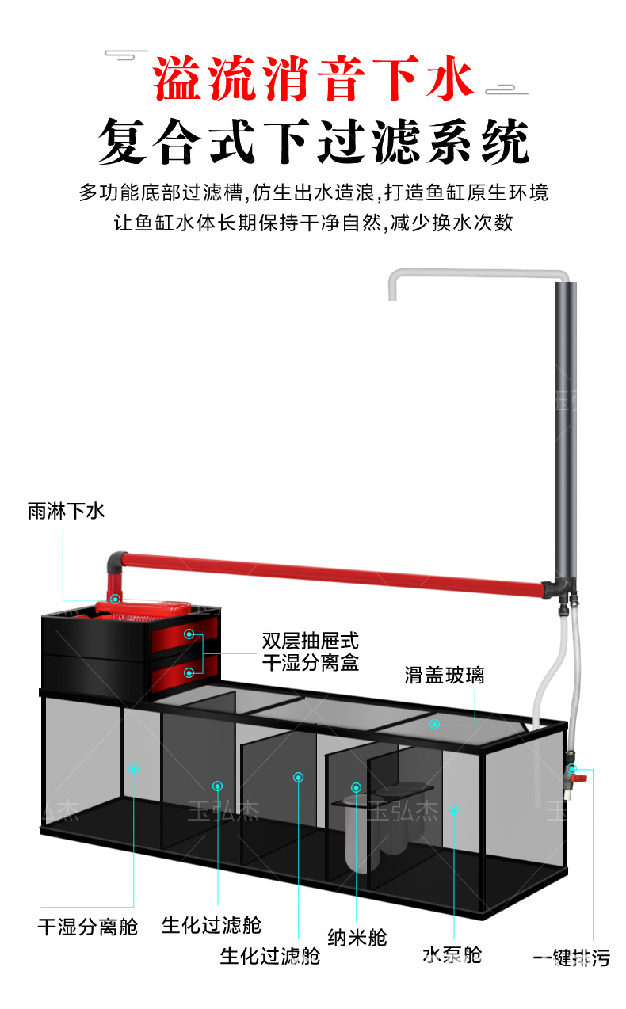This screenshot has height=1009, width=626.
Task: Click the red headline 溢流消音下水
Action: pyautogui.click(x=314, y=79)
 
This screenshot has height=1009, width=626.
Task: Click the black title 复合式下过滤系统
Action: pyautogui.click(x=314, y=143)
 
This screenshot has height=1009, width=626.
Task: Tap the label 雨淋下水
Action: pyautogui.click(x=67, y=511)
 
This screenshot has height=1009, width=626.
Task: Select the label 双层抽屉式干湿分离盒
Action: pyautogui.click(x=310, y=651)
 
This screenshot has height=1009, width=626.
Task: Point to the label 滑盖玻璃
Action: pyautogui.click(x=444, y=676)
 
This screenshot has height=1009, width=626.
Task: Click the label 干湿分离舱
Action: pyautogui.click(x=87, y=926)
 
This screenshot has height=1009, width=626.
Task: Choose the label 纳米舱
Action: pyautogui.click(x=357, y=938)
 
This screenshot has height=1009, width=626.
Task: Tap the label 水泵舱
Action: pyautogui.click(x=452, y=954)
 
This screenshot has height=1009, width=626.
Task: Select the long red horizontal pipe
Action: pyautogui.click(x=333, y=572)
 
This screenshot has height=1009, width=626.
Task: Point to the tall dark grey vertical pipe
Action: pyautogui.click(x=566, y=428)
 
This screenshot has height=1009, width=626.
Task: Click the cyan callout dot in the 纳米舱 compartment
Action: pyautogui.click(x=357, y=787)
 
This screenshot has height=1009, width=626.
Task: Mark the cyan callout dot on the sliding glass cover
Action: pyautogui.click(x=434, y=724)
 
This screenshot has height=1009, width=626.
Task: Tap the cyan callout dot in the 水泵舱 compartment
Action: pyautogui.click(x=453, y=809)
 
